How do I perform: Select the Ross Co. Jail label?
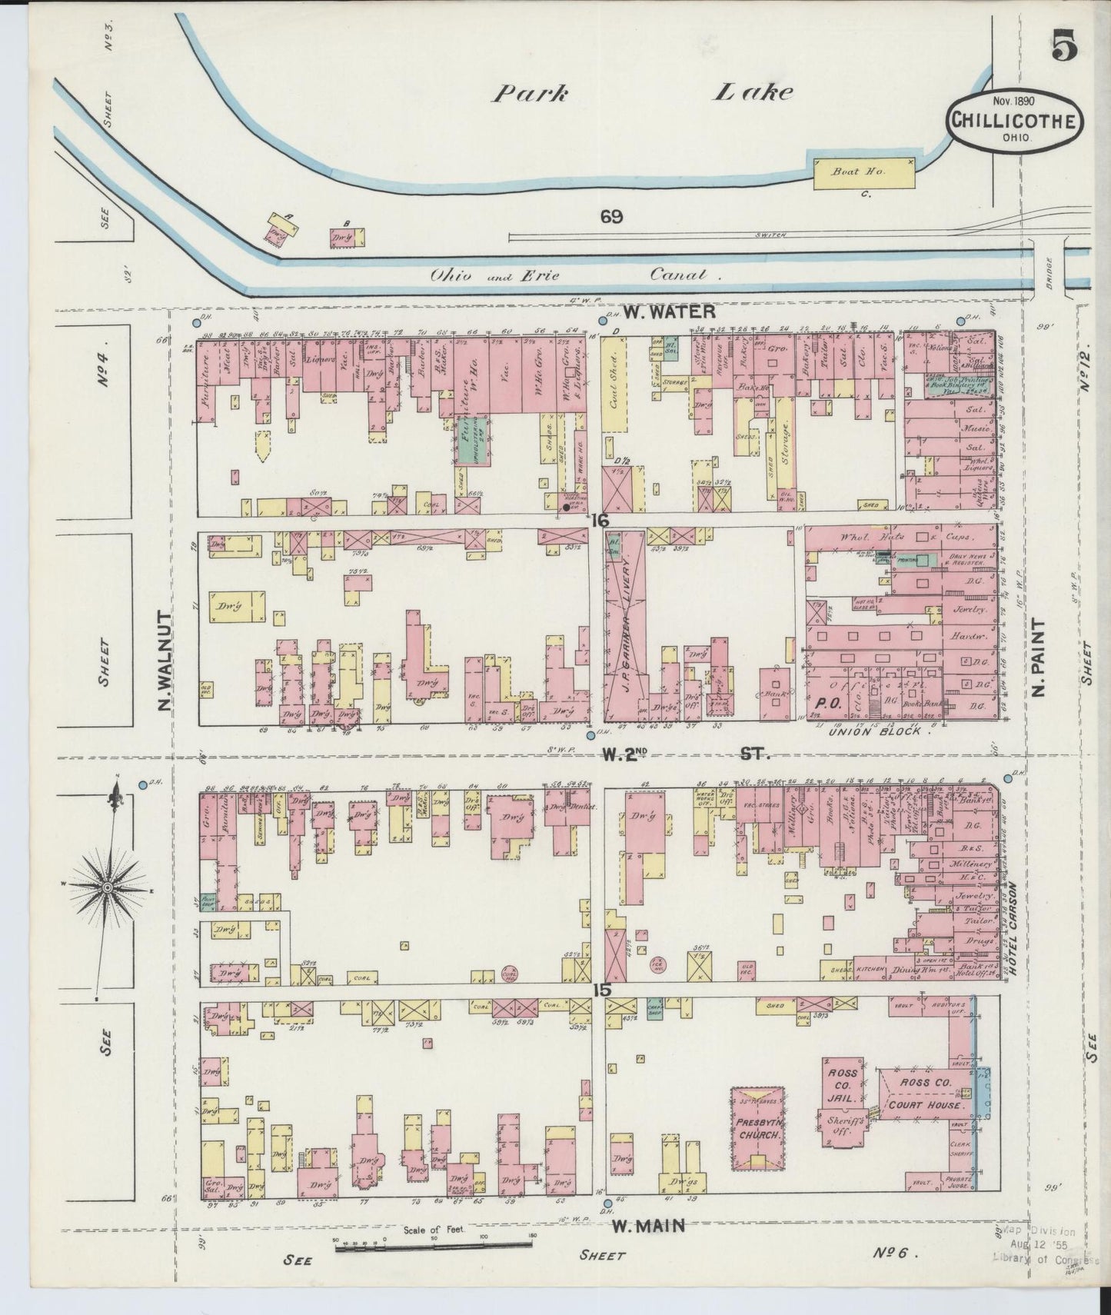click(842, 1085)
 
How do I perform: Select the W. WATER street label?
click(669, 311)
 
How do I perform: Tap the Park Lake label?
click(643, 93)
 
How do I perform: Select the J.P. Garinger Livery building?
click(625, 637)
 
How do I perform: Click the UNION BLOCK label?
click(874, 732)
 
